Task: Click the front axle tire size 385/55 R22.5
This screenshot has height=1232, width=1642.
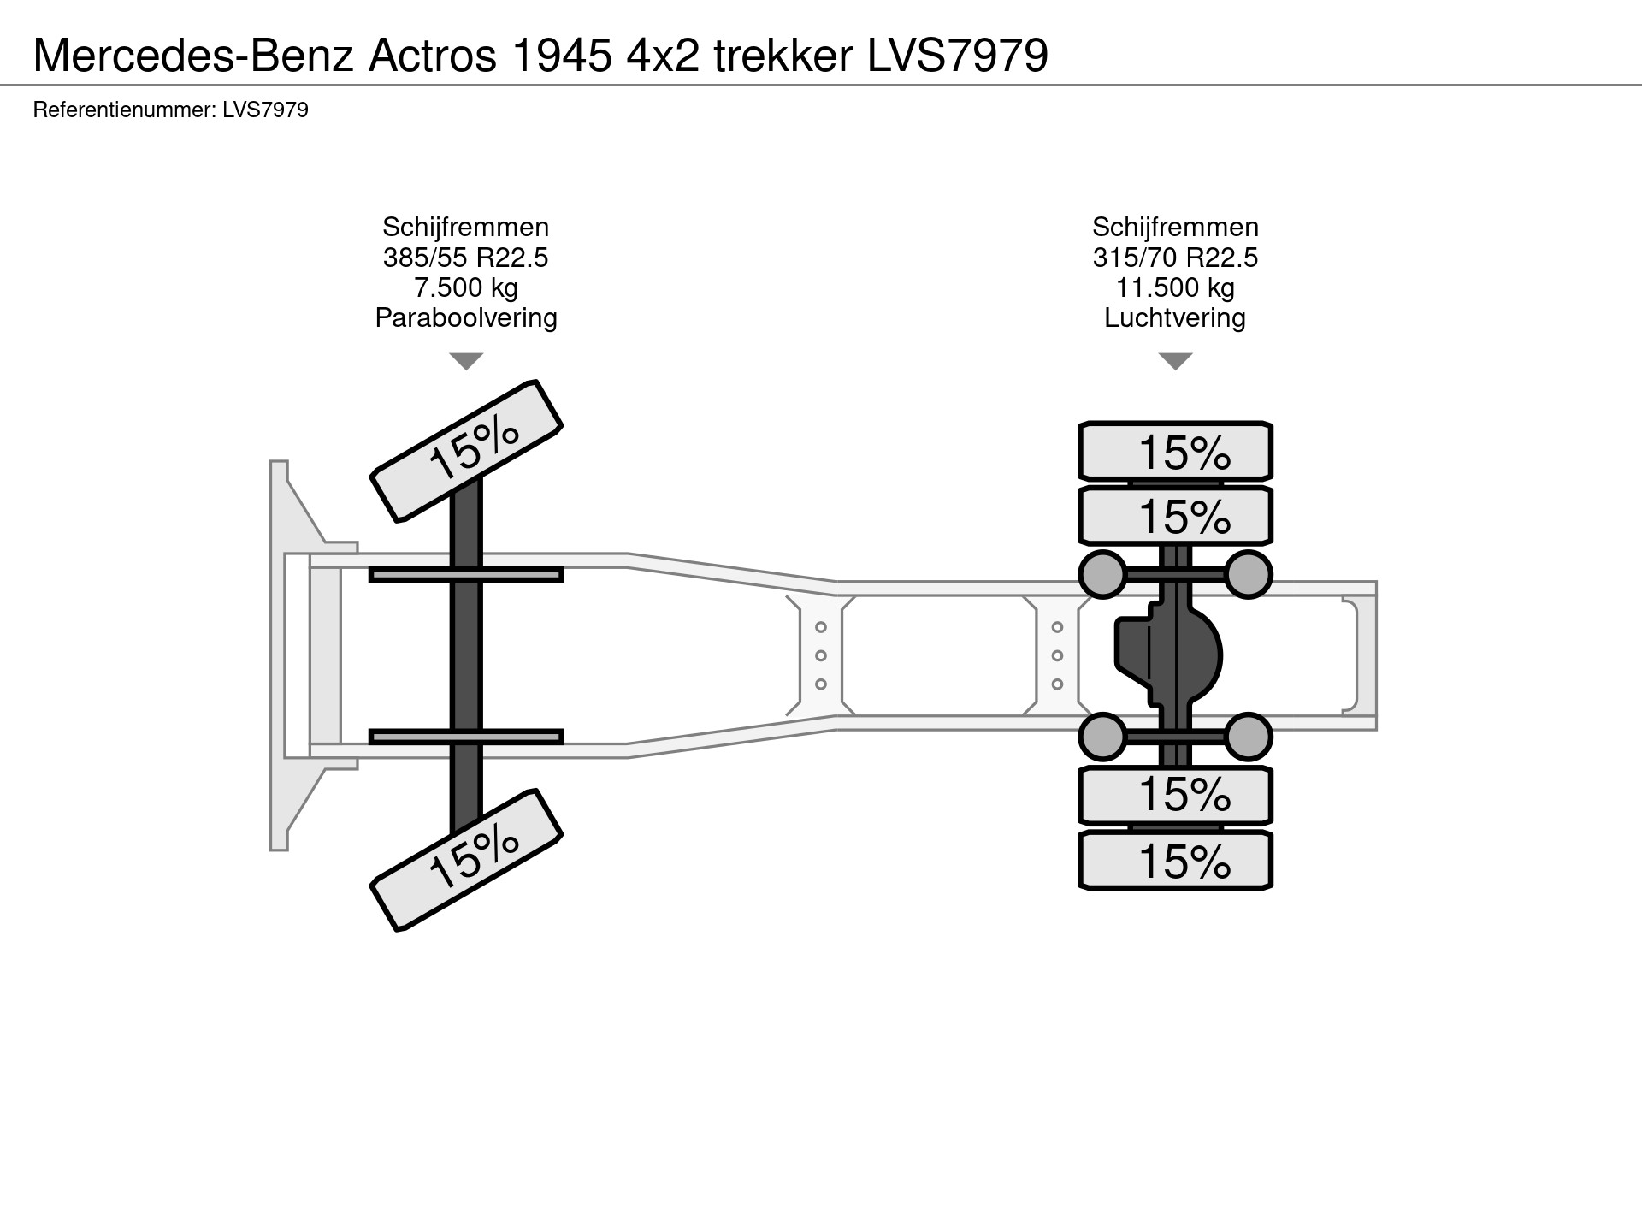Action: [465, 258]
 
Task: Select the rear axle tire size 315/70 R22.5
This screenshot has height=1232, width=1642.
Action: [1175, 258]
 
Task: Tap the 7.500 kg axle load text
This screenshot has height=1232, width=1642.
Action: [465, 287]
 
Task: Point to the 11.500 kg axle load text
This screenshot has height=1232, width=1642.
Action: [1175, 287]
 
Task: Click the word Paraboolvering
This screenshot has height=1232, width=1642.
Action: [465, 318]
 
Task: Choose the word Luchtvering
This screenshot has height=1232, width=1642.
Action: [1175, 318]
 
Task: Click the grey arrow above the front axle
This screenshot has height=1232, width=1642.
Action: [466, 361]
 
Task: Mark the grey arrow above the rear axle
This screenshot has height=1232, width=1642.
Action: [1175, 361]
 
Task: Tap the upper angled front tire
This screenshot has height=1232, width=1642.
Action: [466, 450]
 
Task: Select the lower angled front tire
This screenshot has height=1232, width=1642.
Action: [466, 860]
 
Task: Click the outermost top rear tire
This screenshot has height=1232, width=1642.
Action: [1175, 451]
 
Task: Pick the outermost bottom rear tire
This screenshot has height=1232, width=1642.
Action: [1175, 861]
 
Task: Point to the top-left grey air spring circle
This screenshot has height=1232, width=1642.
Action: [1103, 574]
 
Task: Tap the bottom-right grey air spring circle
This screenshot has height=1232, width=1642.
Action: [1248, 737]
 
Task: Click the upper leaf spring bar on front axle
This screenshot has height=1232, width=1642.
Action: [466, 574]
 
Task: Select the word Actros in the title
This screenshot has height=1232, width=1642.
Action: [432, 56]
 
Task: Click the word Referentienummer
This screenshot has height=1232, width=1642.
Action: [123, 110]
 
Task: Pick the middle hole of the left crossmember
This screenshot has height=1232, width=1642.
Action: [820, 656]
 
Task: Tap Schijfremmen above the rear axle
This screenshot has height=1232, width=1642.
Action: [1175, 227]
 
